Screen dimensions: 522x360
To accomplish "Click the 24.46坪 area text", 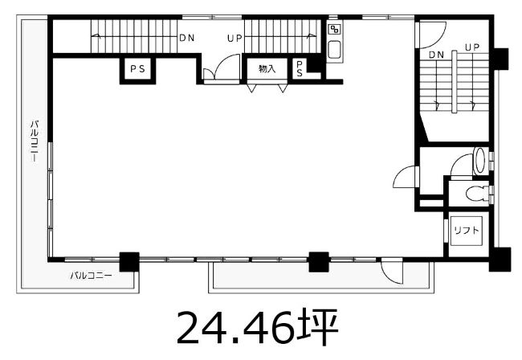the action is tap(258, 328).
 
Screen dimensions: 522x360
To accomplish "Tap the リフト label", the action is tap(466, 230).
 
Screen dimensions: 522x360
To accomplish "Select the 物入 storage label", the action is tap(267, 69).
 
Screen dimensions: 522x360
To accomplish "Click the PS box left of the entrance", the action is tap(137, 69).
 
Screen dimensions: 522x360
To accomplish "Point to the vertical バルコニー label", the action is tap(35, 141).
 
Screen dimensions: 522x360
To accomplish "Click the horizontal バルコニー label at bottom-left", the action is tap(91, 276).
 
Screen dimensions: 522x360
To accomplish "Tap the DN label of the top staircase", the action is tap(187, 38).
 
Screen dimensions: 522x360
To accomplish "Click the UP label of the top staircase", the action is tap(234, 39).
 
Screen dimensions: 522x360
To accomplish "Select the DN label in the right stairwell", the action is tap(436, 55).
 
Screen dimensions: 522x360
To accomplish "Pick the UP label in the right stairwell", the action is tap(472, 47).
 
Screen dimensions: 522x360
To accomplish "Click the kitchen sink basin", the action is tap(334, 49).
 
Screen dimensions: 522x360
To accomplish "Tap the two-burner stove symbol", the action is tap(334, 30).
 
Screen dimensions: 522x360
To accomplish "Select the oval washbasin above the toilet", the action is tap(479, 161).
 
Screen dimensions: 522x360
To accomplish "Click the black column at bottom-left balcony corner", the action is tap(129, 262).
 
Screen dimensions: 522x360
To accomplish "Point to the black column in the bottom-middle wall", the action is tap(319, 262).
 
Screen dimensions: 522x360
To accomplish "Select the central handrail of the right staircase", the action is tap(454, 82).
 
